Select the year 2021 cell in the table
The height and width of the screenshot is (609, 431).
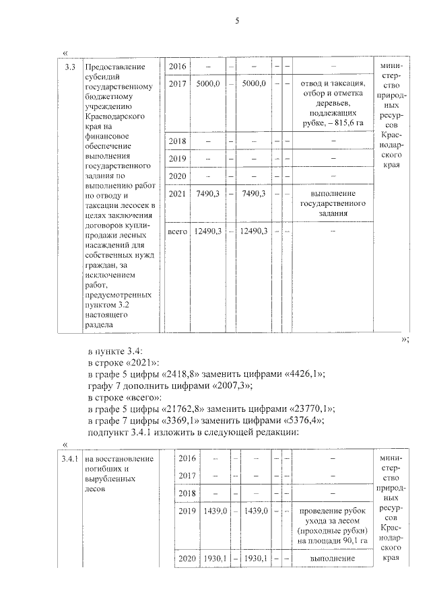176,194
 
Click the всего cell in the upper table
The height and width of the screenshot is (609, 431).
176,231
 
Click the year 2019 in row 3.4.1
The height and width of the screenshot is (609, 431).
188,512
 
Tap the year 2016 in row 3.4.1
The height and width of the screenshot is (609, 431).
188,459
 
